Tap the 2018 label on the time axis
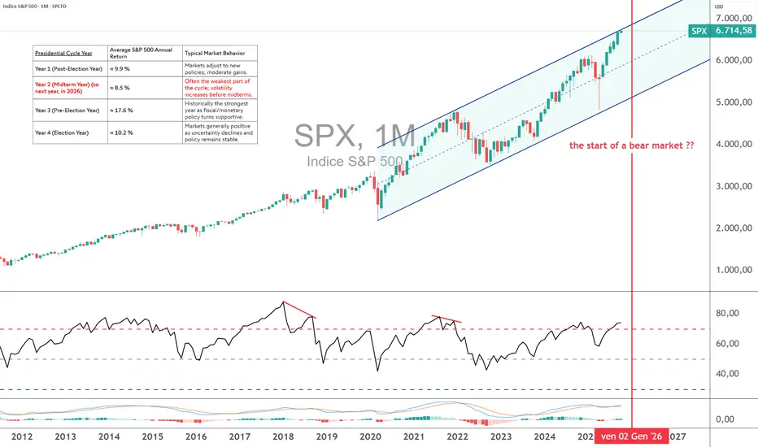(282, 436)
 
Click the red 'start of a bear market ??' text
(631, 146)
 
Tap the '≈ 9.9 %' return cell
(122, 69)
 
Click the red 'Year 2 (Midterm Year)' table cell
(69, 87)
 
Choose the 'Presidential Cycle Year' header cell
(63, 53)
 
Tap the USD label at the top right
(719, 7)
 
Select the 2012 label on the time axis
(22, 436)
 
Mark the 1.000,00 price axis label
(733, 270)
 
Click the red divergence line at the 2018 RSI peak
(300, 310)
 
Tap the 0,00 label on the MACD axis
(729, 419)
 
